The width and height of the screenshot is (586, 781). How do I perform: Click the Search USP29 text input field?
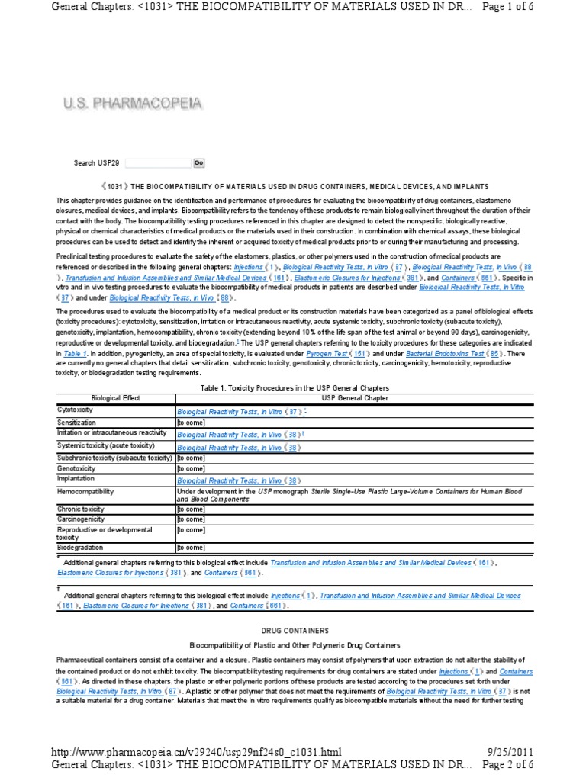point(157,162)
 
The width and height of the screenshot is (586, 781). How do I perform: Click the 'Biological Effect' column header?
point(115,398)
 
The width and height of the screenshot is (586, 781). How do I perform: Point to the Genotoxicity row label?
point(76,469)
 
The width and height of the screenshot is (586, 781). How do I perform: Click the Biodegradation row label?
point(80,547)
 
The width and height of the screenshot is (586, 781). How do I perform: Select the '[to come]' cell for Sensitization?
point(191,422)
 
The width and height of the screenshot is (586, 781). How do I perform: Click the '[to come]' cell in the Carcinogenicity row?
point(191,519)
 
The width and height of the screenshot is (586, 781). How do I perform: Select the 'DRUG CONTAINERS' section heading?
point(292,631)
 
